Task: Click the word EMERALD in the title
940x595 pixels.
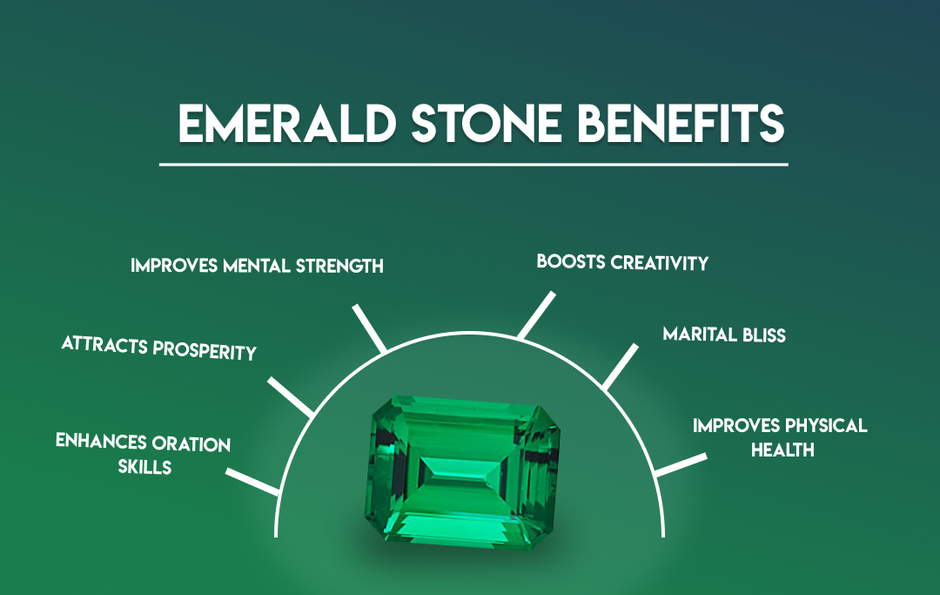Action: click(x=287, y=123)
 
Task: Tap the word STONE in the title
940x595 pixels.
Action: click(x=487, y=123)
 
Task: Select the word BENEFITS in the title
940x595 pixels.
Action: click(x=681, y=123)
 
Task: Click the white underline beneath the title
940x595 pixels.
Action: click(x=473, y=164)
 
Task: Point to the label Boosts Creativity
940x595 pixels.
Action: click(x=622, y=262)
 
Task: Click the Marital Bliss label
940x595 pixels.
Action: click(x=724, y=335)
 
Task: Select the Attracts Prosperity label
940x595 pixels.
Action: click(x=159, y=348)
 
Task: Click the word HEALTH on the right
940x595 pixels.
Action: click(x=782, y=450)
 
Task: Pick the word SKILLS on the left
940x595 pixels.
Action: click(x=144, y=467)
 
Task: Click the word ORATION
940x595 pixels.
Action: click(x=191, y=443)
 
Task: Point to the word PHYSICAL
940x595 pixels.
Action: click(x=826, y=426)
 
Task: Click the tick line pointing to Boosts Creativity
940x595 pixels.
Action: click(x=536, y=315)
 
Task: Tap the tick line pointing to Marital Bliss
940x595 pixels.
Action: click(x=620, y=367)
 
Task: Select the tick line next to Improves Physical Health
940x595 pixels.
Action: click(x=681, y=465)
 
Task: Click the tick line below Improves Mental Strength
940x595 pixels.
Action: click(x=369, y=328)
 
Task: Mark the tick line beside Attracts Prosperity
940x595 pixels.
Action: click(x=290, y=397)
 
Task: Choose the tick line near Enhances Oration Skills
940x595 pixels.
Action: click(x=252, y=482)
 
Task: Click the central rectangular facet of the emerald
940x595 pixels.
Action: click(x=460, y=469)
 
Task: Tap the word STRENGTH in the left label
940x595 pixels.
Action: click(x=339, y=267)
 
